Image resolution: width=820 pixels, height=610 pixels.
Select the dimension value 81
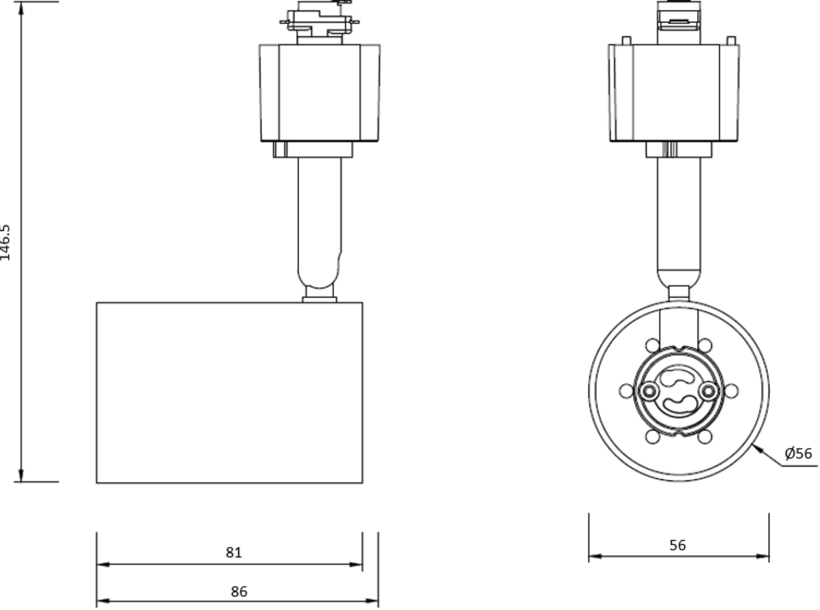[x=234, y=553]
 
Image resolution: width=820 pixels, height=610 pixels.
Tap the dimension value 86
[x=238, y=592]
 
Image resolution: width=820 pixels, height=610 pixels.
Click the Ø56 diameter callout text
[x=798, y=453]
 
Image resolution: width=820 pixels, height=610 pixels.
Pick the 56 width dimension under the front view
[x=678, y=545]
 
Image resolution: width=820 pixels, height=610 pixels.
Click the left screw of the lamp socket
[x=647, y=390]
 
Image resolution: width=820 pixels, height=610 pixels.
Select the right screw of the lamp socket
[x=709, y=390]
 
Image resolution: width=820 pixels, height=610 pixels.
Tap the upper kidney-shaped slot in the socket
[x=678, y=377]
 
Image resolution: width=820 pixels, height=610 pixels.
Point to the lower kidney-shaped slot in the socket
[x=678, y=403]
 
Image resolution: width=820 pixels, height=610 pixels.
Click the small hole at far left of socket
[x=625, y=390]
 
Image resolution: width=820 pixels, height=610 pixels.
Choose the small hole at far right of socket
[x=731, y=390]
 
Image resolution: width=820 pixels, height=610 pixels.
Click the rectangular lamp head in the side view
[x=229, y=393]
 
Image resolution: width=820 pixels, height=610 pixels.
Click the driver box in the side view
[x=319, y=93]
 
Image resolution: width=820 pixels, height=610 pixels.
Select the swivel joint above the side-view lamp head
[x=320, y=295]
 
